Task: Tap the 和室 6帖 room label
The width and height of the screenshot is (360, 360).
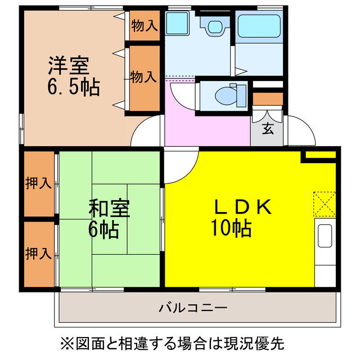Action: pos(109,218)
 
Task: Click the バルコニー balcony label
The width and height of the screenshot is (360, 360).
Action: pos(192,308)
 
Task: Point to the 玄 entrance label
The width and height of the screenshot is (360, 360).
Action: pos(268,128)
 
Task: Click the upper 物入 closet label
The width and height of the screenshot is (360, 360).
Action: pos(144,26)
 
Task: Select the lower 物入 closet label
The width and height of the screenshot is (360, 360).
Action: pos(144,77)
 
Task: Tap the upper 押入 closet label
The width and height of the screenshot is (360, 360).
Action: pos(39,183)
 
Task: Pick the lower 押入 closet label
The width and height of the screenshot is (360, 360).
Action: pos(39,253)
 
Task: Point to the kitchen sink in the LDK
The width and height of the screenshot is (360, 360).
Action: pos(325,236)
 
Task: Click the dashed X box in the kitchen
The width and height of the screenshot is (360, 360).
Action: pos(324,203)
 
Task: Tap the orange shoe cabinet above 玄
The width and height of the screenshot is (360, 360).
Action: pos(267,99)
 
